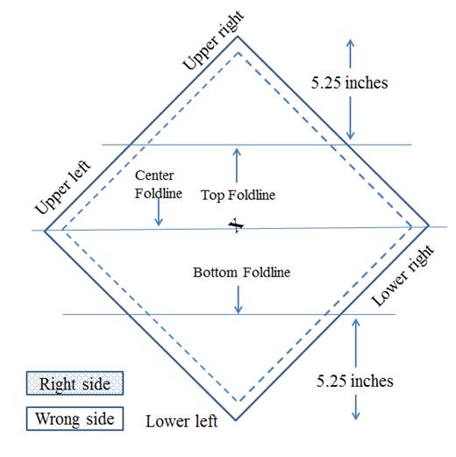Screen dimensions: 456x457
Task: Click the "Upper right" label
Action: coord(213,40)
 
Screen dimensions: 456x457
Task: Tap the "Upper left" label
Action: coord(63,188)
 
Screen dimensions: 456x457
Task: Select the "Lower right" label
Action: coord(403,275)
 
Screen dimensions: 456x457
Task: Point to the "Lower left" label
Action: coord(182,421)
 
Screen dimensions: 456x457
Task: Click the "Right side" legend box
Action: coord(75,383)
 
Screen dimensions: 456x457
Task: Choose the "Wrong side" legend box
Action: coord(75,418)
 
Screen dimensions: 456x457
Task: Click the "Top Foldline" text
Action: coord(238,195)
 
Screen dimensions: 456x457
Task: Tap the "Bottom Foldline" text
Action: coord(241,272)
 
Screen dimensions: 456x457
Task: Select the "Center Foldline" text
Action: coord(159,184)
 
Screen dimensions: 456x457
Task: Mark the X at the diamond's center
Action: coord(236,225)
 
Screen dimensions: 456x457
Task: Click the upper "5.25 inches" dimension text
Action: coord(349,82)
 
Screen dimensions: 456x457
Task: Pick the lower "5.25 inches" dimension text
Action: coord(355,381)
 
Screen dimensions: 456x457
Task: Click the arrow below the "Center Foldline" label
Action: coord(159,211)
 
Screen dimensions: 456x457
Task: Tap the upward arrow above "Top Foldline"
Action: coord(237,166)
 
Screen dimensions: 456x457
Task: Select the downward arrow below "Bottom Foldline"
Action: coord(239,300)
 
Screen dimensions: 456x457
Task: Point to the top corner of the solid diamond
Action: coord(238,36)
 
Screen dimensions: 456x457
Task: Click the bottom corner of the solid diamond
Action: coord(236,420)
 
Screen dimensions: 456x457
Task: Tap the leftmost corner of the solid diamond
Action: coord(45,231)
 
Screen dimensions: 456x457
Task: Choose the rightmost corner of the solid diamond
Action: coord(429,225)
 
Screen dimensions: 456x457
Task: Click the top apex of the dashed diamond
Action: coord(239,53)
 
